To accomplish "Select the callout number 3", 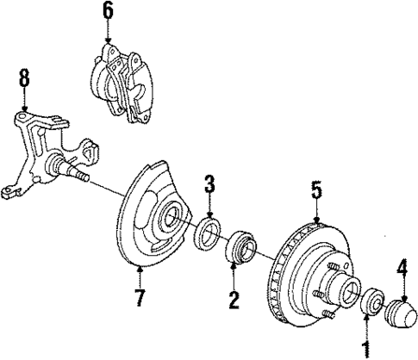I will [x=209, y=184].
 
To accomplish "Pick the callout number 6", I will [x=108, y=10].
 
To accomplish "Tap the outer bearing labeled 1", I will [x=371, y=303].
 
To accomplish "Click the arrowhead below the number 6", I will [x=108, y=40].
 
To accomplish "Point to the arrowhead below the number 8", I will [x=24, y=109].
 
